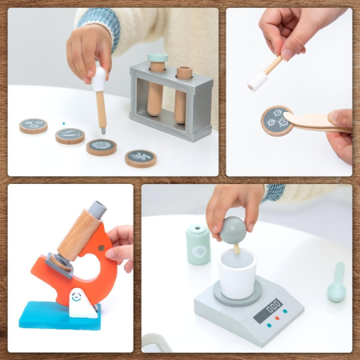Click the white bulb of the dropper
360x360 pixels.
tap(98, 78)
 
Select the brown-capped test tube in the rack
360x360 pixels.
tap(184, 92)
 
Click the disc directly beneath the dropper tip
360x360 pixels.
tap(102, 146)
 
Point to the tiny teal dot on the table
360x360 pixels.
tap(64, 123)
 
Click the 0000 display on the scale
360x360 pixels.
tap(273, 306)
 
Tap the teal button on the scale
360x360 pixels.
tap(285, 312)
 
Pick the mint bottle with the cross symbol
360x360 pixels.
tap(198, 244)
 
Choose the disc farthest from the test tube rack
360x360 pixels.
tap(34, 125)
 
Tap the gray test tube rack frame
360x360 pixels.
tap(171, 128)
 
